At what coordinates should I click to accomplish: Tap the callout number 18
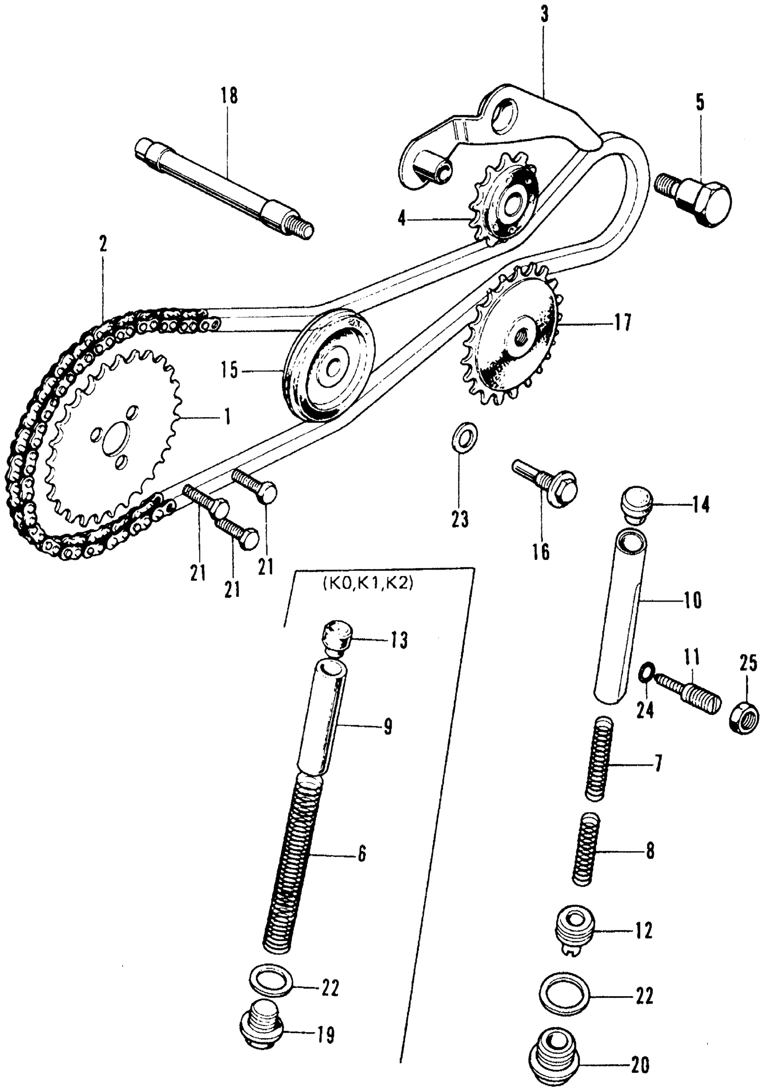pos(229,96)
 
